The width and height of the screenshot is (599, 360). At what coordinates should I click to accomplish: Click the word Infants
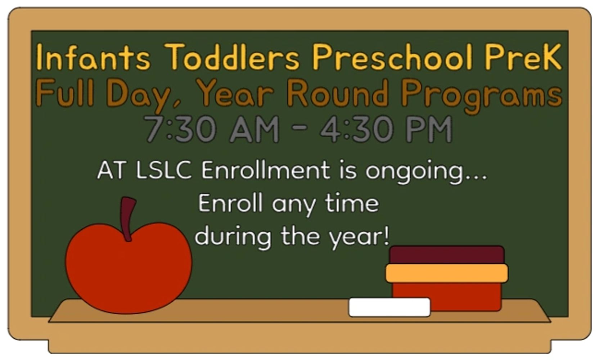tap(93, 57)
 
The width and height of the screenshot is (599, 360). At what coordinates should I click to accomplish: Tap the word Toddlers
tap(231, 57)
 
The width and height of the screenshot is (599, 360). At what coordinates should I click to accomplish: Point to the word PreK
tap(524, 57)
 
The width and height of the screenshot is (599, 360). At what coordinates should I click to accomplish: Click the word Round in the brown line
tap(337, 93)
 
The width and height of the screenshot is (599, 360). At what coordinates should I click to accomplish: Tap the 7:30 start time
tap(180, 129)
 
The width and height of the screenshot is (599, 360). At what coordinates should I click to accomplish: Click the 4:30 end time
tap(356, 129)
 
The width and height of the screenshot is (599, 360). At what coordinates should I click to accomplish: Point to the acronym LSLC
tap(164, 170)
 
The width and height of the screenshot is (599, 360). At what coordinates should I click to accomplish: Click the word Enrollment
tap(266, 170)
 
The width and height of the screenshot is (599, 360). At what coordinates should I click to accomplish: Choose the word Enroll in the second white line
tap(230, 203)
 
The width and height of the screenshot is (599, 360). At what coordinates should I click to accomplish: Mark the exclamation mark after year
tap(386, 235)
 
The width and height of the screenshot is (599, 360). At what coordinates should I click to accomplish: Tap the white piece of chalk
tap(389, 307)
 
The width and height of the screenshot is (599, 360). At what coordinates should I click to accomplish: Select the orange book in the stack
tap(447, 273)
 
